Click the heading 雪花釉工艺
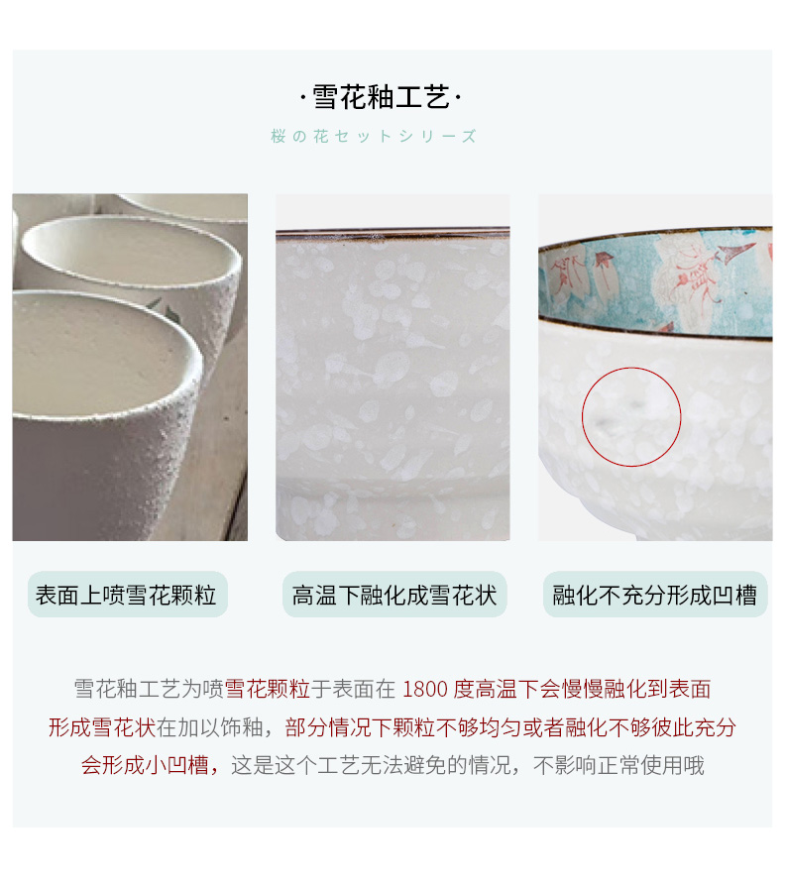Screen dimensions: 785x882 pos(381,97)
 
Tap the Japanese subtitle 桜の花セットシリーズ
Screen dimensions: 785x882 pos(374,136)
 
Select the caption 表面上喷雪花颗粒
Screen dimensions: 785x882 pos(126,596)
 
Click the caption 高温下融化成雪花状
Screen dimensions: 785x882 pos(393,596)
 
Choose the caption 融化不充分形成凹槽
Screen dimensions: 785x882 pos(654,596)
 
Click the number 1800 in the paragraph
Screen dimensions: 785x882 pos(425,689)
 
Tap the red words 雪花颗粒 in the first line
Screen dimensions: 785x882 pos(268,689)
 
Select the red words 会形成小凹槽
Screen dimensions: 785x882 pos(145,766)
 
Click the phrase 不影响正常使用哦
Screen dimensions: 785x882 pos(619,766)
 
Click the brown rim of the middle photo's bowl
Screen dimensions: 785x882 pos(392,231)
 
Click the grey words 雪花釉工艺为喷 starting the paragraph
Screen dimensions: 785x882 pos(149,689)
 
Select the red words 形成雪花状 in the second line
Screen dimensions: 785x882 pos(102,727)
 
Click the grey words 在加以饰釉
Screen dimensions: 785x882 pos(209,727)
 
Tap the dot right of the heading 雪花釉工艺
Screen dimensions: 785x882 pos(458,98)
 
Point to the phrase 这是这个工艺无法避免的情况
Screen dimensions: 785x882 pos(371,766)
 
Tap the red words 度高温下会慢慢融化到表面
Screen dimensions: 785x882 pos(582,689)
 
